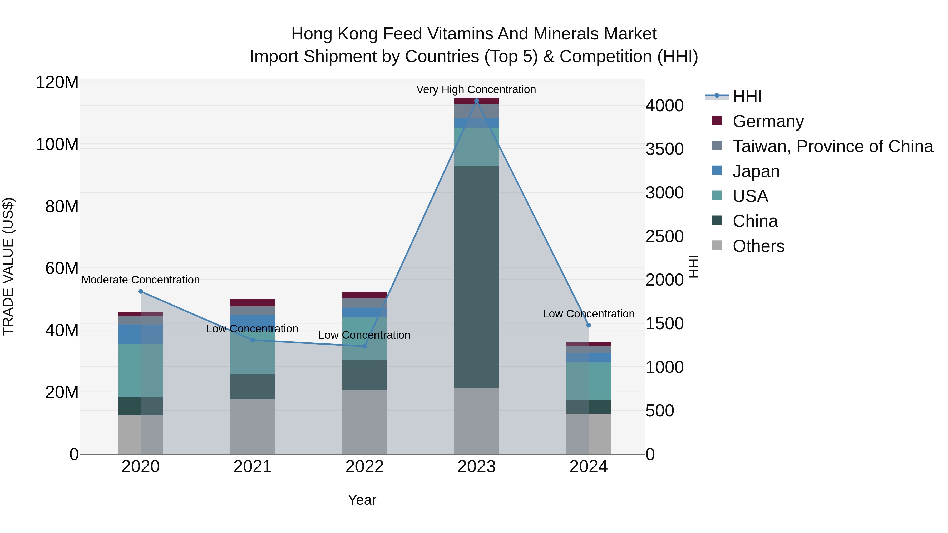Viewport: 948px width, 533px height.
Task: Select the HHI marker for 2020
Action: tap(141, 291)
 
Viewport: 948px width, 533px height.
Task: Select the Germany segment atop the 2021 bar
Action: tap(253, 302)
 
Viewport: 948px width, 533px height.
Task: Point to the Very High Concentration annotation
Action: tap(476, 89)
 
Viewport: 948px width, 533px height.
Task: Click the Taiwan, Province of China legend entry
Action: tap(832, 146)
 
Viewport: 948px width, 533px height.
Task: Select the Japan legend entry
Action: tap(756, 171)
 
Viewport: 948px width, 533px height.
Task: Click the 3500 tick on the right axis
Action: tap(664, 149)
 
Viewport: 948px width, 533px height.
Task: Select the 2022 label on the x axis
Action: tap(364, 466)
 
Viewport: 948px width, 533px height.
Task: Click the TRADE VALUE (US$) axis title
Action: tap(8, 266)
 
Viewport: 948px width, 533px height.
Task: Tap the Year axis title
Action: tap(362, 500)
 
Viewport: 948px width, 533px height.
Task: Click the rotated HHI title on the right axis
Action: tap(693, 266)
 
